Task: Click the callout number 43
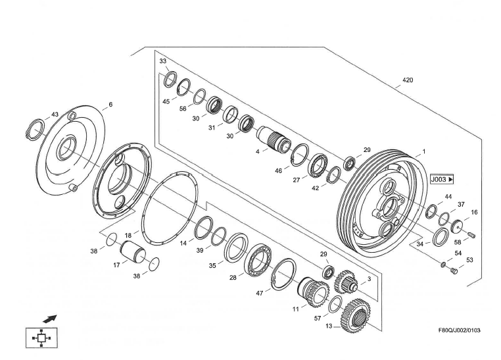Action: [x=55, y=115]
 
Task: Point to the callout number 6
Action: [x=110, y=105]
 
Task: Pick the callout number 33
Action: [x=163, y=61]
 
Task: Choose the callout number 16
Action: [x=474, y=213]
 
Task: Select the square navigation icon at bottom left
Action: [x=41, y=337]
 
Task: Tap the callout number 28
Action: [x=233, y=278]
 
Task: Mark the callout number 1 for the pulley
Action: [x=423, y=151]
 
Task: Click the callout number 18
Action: [x=128, y=234]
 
